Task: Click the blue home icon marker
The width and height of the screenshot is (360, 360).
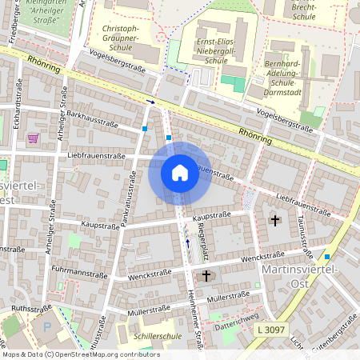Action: pyautogui.click(x=179, y=173)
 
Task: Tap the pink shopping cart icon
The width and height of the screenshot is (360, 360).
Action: pyautogui.click(x=33, y=138)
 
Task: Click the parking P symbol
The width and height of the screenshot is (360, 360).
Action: pyautogui.click(x=46, y=326)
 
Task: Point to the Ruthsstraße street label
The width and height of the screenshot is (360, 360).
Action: pyautogui.click(x=30, y=307)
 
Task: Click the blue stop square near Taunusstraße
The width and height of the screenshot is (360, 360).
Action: pyautogui.click(x=326, y=257)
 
